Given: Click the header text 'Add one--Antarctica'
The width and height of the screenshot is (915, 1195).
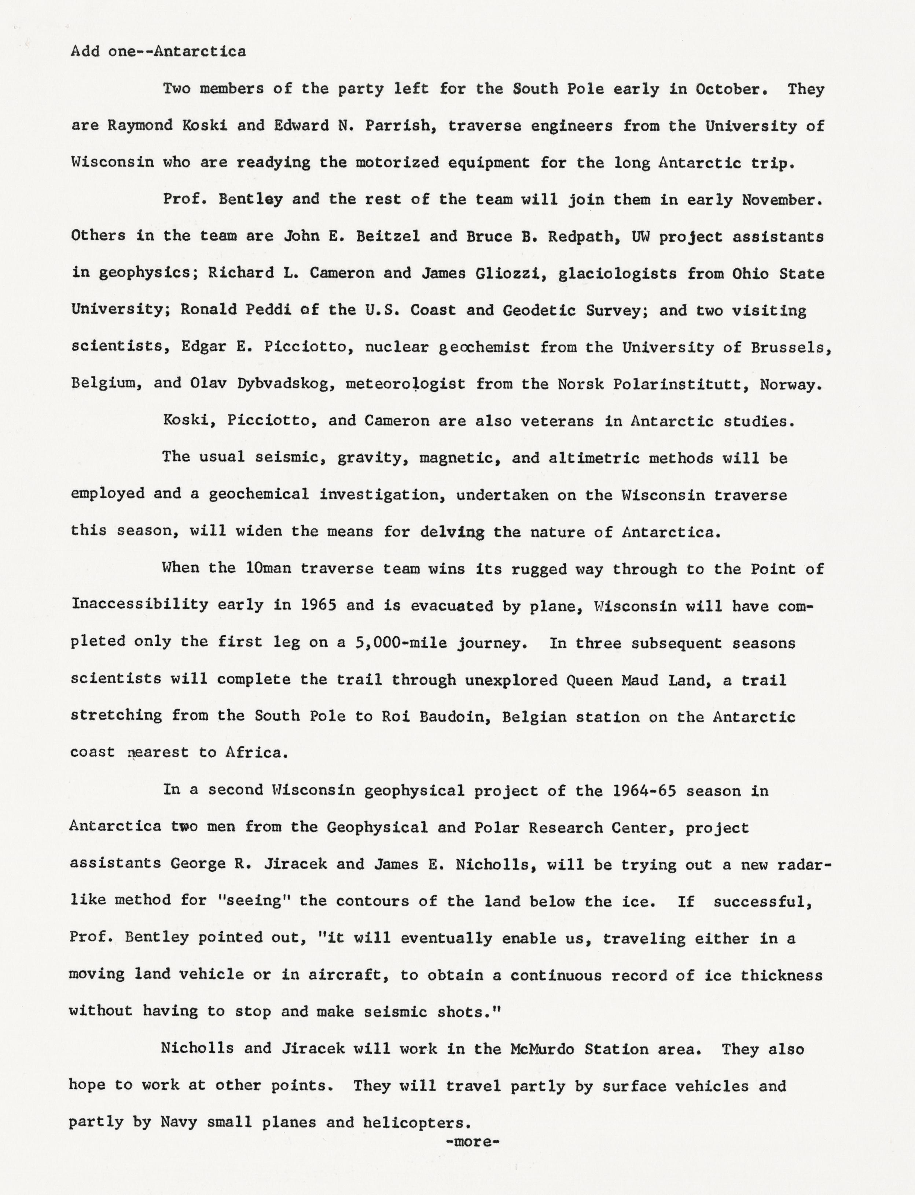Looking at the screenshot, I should pos(158,52).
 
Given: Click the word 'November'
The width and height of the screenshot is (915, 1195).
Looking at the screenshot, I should pos(780,200).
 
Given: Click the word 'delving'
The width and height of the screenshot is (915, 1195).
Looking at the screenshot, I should pos(452,532).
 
